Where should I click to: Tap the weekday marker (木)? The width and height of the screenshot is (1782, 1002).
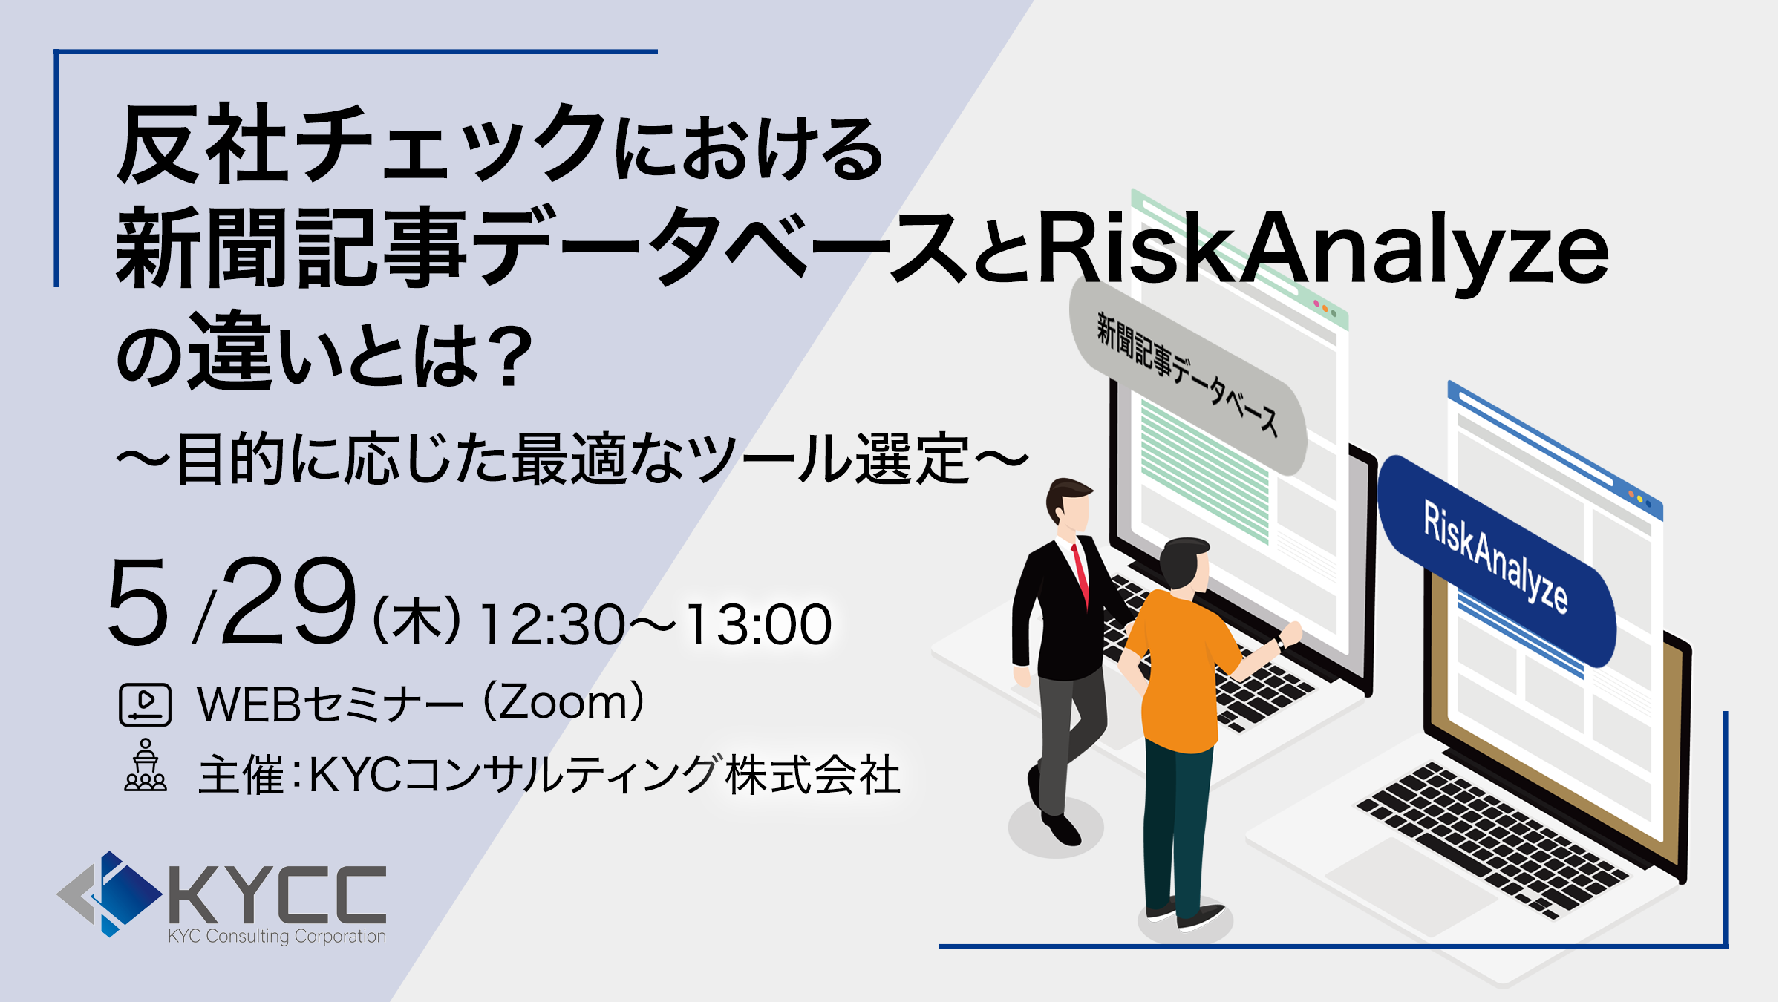click(x=417, y=622)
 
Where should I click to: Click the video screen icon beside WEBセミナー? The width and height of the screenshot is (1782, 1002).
click(x=146, y=704)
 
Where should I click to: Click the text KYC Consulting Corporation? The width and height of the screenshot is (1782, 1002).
click(x=277, y=936)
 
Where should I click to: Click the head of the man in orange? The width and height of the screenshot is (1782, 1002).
click(x=1186, y=564)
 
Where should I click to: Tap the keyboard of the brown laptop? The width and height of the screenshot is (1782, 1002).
click(x=1492, y=839)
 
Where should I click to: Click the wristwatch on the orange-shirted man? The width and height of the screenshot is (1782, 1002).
click(x=1279, y=643)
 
